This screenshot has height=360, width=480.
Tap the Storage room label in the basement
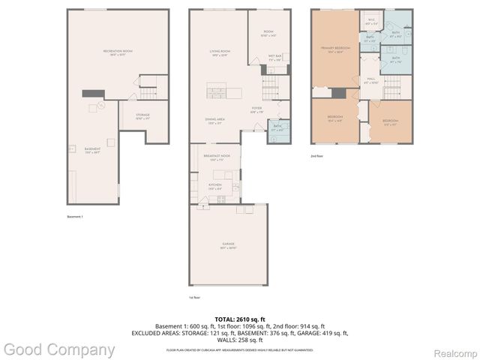142,115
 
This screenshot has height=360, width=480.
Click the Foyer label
256,110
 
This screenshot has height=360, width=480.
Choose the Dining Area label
216,120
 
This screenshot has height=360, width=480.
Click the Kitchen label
215,184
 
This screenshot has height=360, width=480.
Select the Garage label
228,244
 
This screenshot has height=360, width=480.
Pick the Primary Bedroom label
333,49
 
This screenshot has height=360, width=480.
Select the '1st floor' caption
194,298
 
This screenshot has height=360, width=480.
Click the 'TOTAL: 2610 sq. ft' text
240,319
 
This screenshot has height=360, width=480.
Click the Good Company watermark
59,349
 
